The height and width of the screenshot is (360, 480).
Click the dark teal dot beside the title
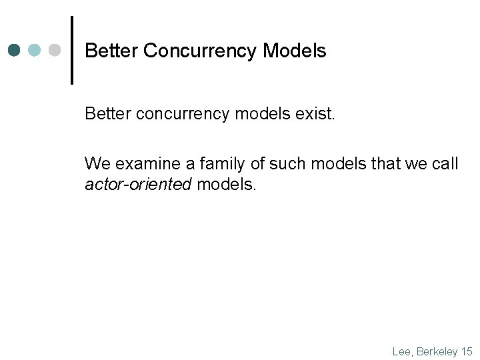(x=15, y=51)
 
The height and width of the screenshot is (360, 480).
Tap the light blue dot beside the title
(x=35, y=51)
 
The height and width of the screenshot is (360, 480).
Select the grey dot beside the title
(x=55, y=51)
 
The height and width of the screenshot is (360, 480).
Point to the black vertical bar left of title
(x=72, y=50)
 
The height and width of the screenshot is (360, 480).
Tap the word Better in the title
(x=111, y=51)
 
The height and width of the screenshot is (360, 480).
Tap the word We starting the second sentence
(x=96, y=164)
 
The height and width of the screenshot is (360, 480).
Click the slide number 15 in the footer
(x=466, y=351)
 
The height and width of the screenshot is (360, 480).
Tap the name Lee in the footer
(x=402, y=351)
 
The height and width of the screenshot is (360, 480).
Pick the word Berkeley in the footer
(x=437, y=351)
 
